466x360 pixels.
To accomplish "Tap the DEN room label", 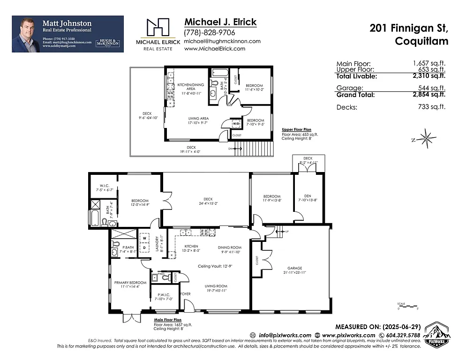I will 308,196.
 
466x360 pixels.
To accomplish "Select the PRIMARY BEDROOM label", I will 130,283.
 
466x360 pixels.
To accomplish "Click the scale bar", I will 407,307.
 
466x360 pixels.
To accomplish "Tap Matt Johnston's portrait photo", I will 26,34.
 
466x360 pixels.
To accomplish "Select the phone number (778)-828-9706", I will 210,32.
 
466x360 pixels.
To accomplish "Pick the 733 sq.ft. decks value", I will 434,107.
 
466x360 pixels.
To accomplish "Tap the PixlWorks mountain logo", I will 437,334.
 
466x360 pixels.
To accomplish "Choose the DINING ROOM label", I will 230,247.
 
